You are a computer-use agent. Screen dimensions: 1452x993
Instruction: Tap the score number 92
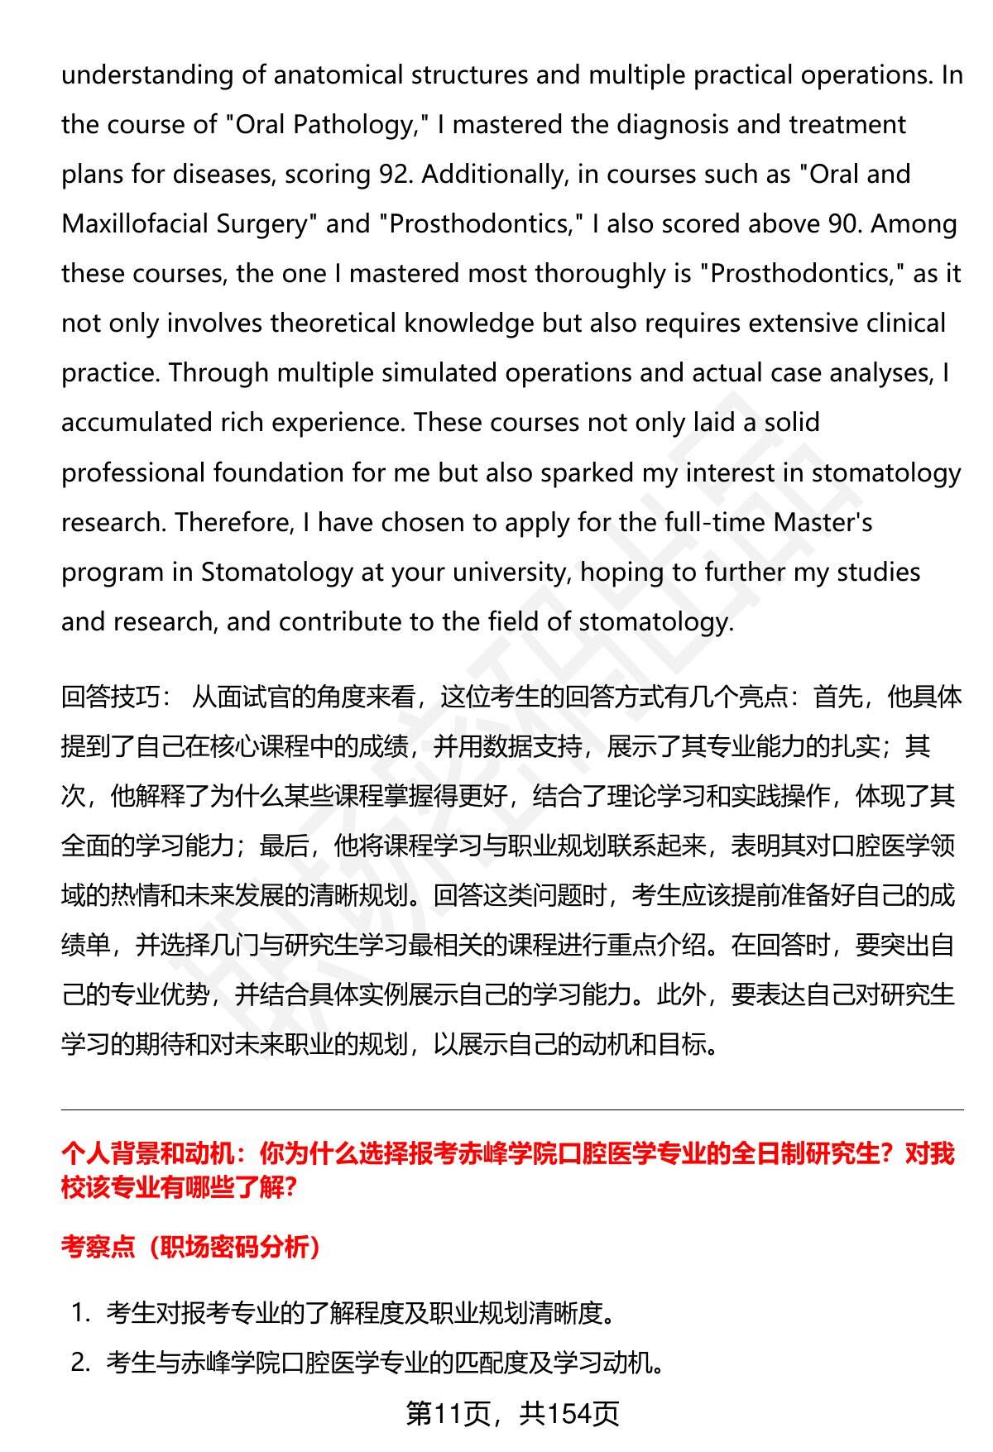click(396, 175)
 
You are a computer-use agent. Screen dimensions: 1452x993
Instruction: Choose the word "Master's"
click(823, 523)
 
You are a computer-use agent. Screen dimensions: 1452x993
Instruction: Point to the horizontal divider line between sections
click(512, 1110)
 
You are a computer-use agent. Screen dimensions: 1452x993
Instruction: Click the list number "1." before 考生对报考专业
click(80, 1313)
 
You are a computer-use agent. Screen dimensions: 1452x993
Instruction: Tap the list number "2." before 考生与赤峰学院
click(80, 1363)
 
